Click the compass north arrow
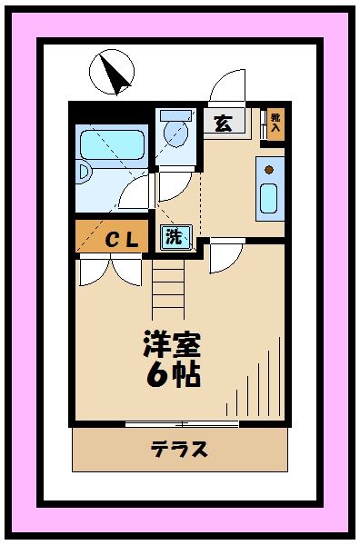(112, 73)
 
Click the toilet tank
(176, 115)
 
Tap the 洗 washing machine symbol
(174, 238)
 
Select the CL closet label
(119, 240)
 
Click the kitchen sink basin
(269, 198)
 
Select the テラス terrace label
(179, 448)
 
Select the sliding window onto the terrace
(182, 423)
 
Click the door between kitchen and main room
(222, 256)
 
